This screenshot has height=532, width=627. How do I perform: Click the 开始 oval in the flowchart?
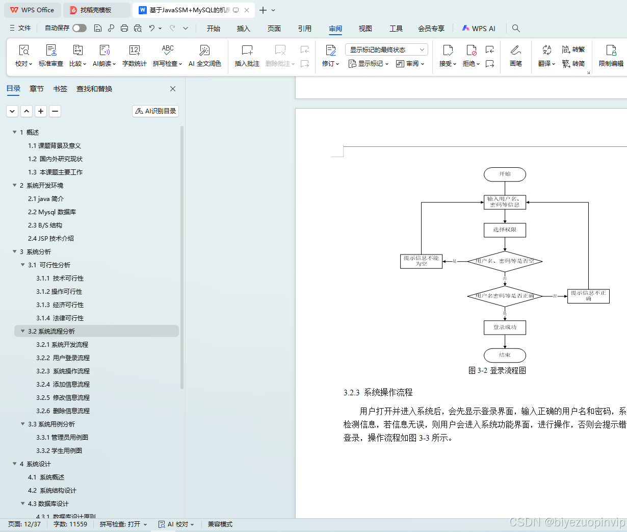[505, 174]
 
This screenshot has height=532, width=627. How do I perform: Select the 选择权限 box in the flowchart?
[505, 230]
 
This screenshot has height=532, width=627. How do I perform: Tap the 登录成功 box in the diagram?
[505, 327]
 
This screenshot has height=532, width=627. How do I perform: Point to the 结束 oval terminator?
[505, 355]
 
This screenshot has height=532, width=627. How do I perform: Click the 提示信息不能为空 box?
[421, 261]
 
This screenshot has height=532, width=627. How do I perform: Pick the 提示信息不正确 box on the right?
[588, 296]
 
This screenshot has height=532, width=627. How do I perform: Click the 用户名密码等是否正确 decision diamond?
[505, 296]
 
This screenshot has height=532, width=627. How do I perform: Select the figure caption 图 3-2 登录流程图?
[497, 370]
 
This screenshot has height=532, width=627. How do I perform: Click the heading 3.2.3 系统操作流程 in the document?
[378, 392]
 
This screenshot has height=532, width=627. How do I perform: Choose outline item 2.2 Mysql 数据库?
[52, 212]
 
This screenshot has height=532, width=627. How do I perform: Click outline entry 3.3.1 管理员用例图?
[62, 437]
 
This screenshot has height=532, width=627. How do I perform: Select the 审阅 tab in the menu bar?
[335, 29]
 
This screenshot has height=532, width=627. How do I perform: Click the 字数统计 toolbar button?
[135, 55]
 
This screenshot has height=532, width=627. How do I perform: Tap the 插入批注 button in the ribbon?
[247, 55]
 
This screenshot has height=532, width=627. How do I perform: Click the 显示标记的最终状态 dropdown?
[386, 49]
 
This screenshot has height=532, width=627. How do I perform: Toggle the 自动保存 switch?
[80, 28]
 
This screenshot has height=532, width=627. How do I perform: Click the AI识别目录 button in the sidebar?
[155, 111]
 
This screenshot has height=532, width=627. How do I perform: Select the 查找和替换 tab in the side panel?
[94, 89]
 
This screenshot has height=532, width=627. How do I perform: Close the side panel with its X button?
[173, 89]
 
